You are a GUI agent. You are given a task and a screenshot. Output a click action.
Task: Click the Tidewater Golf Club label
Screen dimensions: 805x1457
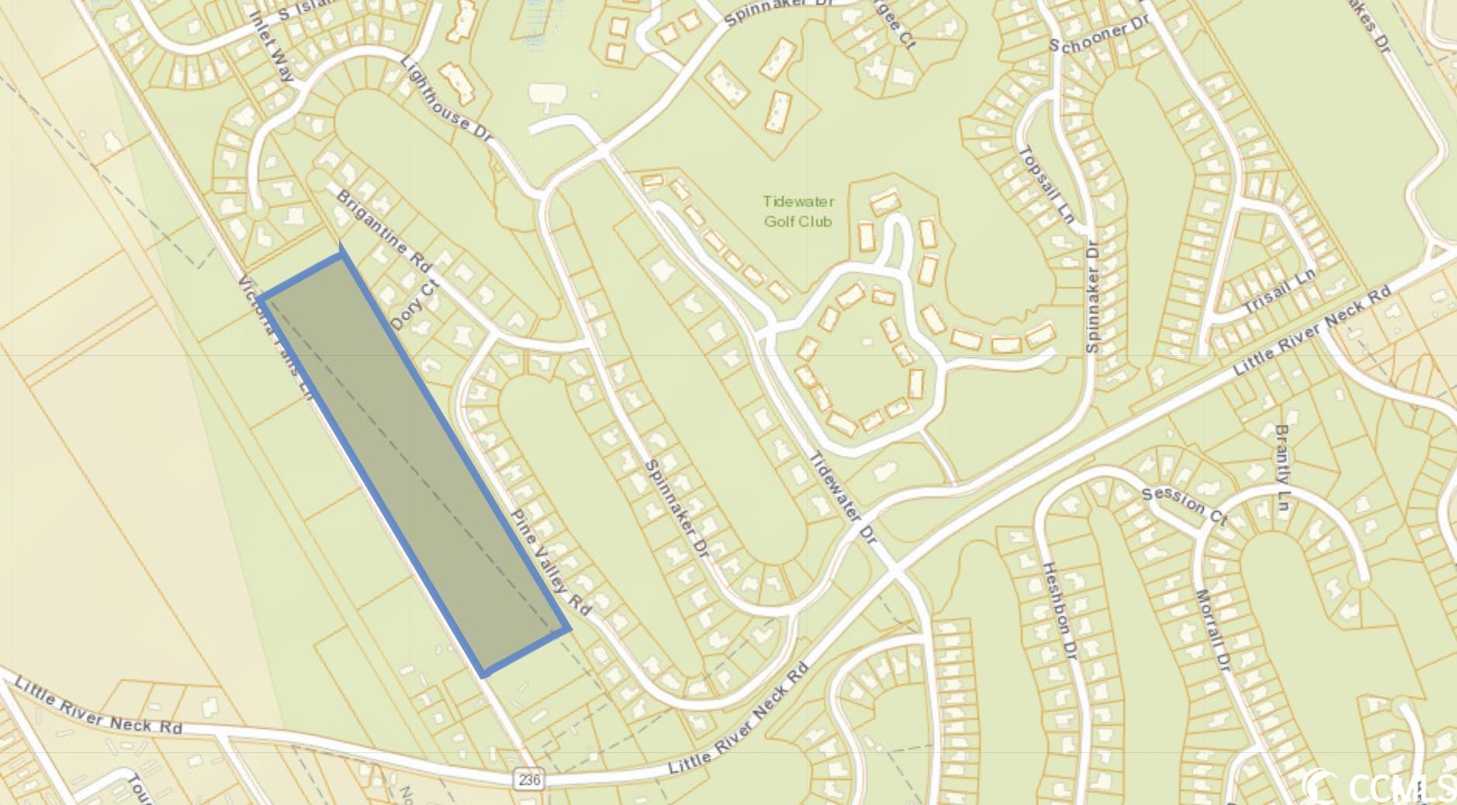click(798, 211)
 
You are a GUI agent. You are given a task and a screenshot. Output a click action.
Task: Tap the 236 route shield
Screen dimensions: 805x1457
click(528, 779)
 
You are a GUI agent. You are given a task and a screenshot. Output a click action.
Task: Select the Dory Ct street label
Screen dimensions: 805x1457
click(414, 305)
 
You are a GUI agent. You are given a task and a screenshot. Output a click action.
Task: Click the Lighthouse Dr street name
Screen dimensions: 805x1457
click(448, 99)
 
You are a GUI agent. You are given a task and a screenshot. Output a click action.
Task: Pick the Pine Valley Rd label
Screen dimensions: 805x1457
click(551, 562)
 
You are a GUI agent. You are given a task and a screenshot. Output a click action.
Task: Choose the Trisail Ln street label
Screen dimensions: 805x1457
click(1279, 291)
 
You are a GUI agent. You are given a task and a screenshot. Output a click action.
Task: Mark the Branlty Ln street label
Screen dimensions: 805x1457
click(1282, 470)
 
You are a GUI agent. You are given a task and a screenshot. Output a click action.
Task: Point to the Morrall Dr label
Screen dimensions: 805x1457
click(1213, 631)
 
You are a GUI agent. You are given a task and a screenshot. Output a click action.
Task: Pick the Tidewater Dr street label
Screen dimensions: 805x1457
click(843, 497)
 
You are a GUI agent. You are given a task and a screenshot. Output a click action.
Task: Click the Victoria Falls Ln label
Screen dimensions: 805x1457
click(276, 337)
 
